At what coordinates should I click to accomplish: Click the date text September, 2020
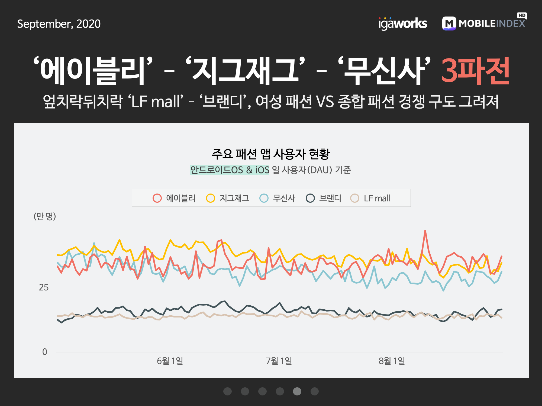pyautogui.click(x=59, y=24)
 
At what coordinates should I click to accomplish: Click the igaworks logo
pyautogui.click(x=403, y=24)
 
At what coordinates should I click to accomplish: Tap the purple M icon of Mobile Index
pyautogui.click(x=449, y=24)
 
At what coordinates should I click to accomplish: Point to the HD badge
pyautogui.click(x=522, y=15)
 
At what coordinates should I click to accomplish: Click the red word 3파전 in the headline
pyautogui.click(x=476, y=71)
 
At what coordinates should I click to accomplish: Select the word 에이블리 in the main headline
pyautogui.click(x=92, y=71)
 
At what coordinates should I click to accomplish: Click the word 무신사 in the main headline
pyautogui.click(x=384, y=71)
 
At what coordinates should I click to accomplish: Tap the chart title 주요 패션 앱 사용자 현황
pyautogui.click(x=271, y=154)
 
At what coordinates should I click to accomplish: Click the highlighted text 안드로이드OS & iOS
pyautogui.click(x=230, y=170)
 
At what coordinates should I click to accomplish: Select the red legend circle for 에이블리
pyautogui.click(x=157, y=198)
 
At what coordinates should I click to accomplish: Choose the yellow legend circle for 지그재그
pyautogui.click(x=211, y=198)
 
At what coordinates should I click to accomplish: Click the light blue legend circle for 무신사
pyautogui.click(x=264, y=198)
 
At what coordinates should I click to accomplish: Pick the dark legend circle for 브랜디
pyautogui.click(x=310, y=198)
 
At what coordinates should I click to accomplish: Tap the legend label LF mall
pyautogui.click(x=377, y=198)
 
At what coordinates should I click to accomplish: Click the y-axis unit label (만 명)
pyautogui.click(x=45, y=216)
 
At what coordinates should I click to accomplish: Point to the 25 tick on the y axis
pyautogui.click(x=44, y=287)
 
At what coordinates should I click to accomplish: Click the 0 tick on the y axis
pyautogui.click(x=45, y=352)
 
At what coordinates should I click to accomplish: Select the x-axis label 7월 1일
pyautogui.click(x=279, y=361)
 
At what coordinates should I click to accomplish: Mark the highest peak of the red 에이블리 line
pyautogui.click(x=425, y=231)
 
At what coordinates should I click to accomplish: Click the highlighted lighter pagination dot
pyautogui.click(x=297, y=391)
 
